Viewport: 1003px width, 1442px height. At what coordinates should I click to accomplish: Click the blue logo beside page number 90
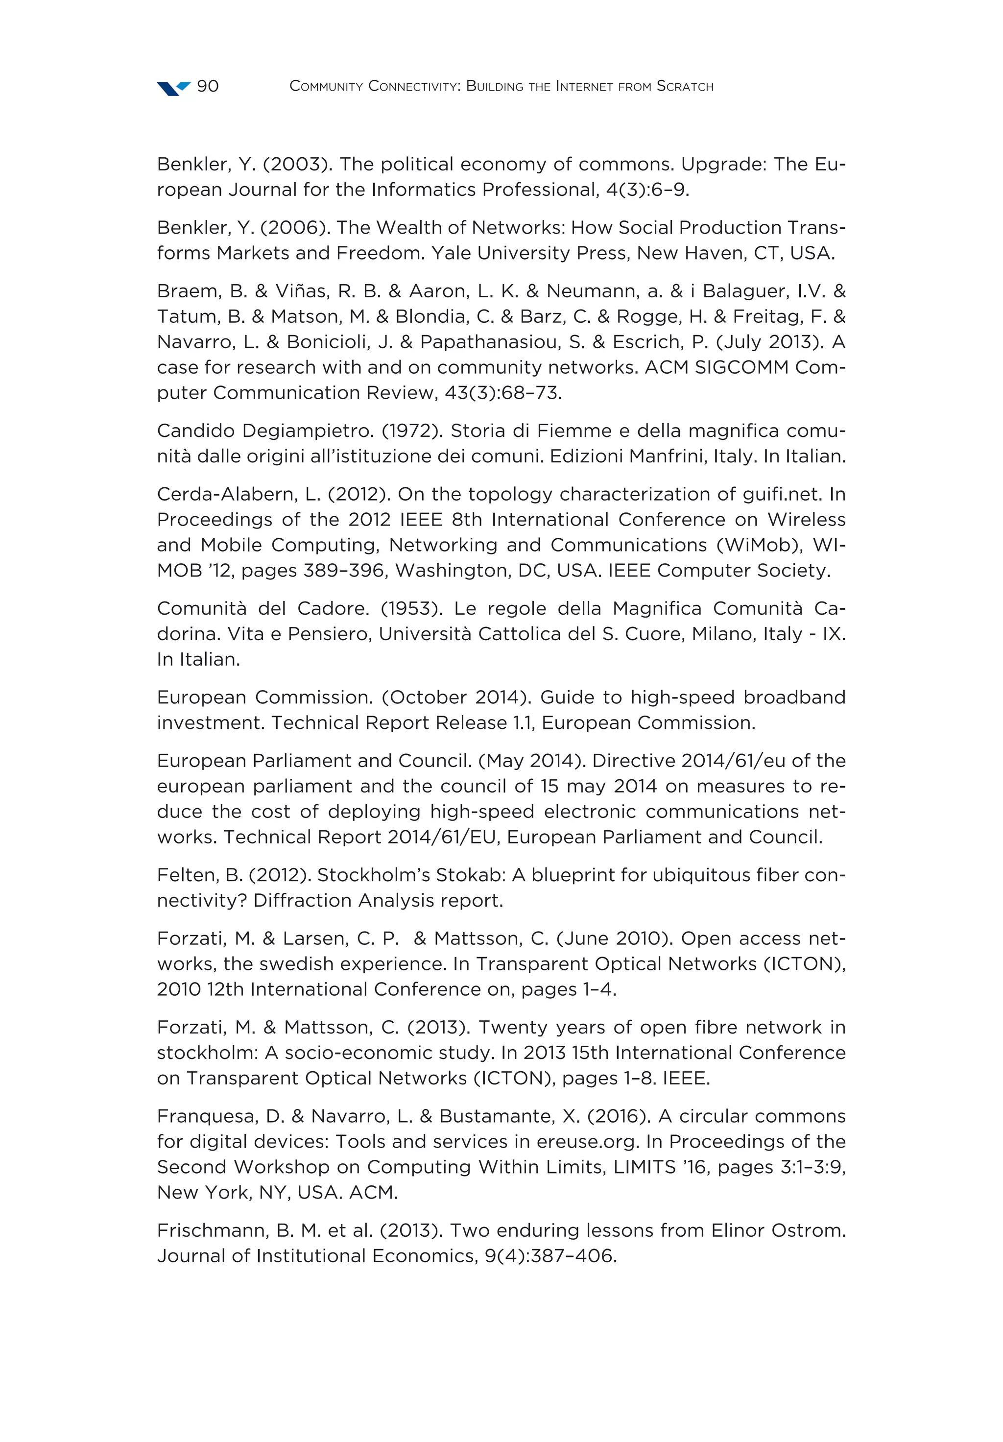pyautogui.click(x=173, y=88)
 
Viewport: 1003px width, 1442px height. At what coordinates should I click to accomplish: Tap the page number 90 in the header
pyautogui.click(x=208, y=86)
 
